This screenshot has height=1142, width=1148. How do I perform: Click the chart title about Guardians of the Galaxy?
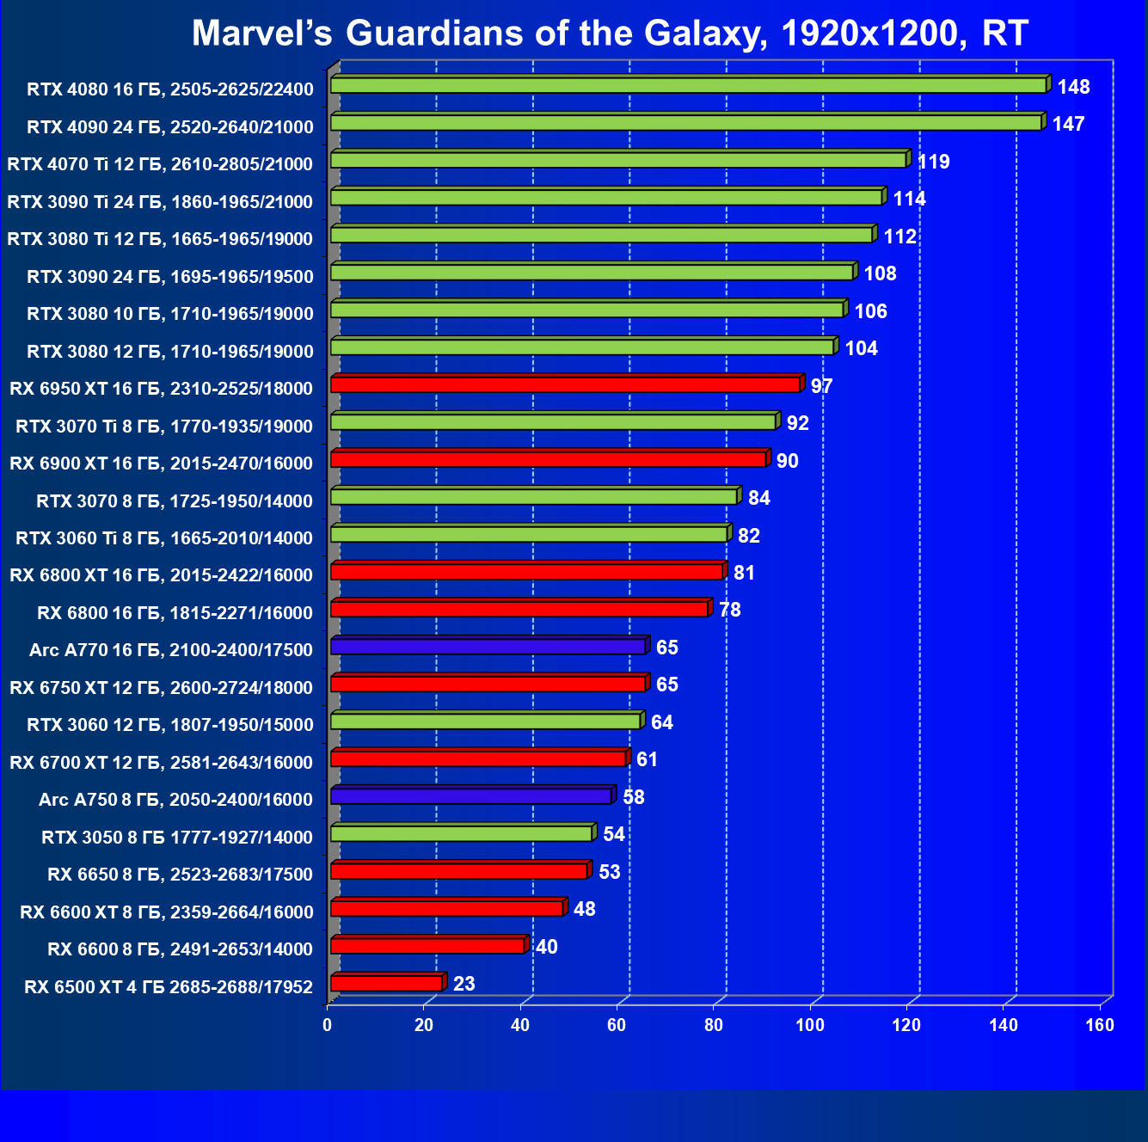coord(610,34)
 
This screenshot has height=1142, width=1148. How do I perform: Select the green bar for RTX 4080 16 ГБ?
coord(688,85)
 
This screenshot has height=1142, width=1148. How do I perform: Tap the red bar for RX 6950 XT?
coord(565,384)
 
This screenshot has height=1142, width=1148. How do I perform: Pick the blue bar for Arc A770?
coord(488,646)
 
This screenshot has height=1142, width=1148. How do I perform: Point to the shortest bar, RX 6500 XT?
coord(386,982)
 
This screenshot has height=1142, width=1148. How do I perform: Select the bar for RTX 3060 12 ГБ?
coord(485,721)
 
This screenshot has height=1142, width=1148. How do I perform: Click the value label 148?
coord(1073,87)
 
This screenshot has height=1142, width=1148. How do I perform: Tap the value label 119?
coord(933,162)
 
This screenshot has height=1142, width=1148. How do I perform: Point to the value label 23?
coord(463,984)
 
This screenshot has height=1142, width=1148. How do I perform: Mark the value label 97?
coord(821,386)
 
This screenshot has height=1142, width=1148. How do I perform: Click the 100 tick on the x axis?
coord(810,1025)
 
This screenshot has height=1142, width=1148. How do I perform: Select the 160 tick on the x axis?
coord(1100,1025)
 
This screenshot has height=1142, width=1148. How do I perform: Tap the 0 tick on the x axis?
coord(328,1025)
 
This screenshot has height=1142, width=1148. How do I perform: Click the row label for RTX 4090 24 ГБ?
coord(170,127)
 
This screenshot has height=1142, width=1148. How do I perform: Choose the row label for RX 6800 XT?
coord(162,575)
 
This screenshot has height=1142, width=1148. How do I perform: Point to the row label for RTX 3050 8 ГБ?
coord(177,837)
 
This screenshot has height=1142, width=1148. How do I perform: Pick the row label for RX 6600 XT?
coord(167,912)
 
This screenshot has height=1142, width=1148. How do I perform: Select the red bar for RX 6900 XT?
coord(548,459)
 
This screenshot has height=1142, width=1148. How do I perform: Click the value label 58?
coord(633,797)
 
